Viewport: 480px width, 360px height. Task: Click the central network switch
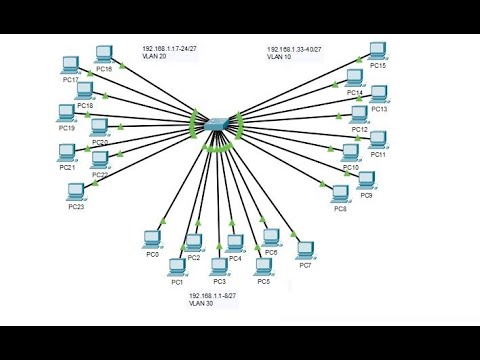[x=215, y=125]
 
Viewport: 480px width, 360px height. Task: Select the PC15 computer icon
[x=377, y=50]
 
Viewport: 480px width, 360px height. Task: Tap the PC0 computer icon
[x=152, y=239]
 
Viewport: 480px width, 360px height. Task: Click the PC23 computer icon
[x=74, y=190]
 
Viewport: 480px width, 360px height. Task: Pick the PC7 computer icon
[x=306, y=248]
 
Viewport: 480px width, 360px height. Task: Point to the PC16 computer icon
[x=103, y=54]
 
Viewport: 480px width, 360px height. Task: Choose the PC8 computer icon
[x=341, y=192]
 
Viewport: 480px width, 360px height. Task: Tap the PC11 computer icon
[x=377, y=140]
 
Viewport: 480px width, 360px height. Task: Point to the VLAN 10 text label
[x=277, y=57]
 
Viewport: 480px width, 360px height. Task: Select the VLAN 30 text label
[x=201, y=303]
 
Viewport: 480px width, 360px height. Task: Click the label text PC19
[x=67, y=128]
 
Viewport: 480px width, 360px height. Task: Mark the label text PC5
[x=263, y=282]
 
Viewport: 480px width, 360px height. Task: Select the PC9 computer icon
[x=366, y=180]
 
